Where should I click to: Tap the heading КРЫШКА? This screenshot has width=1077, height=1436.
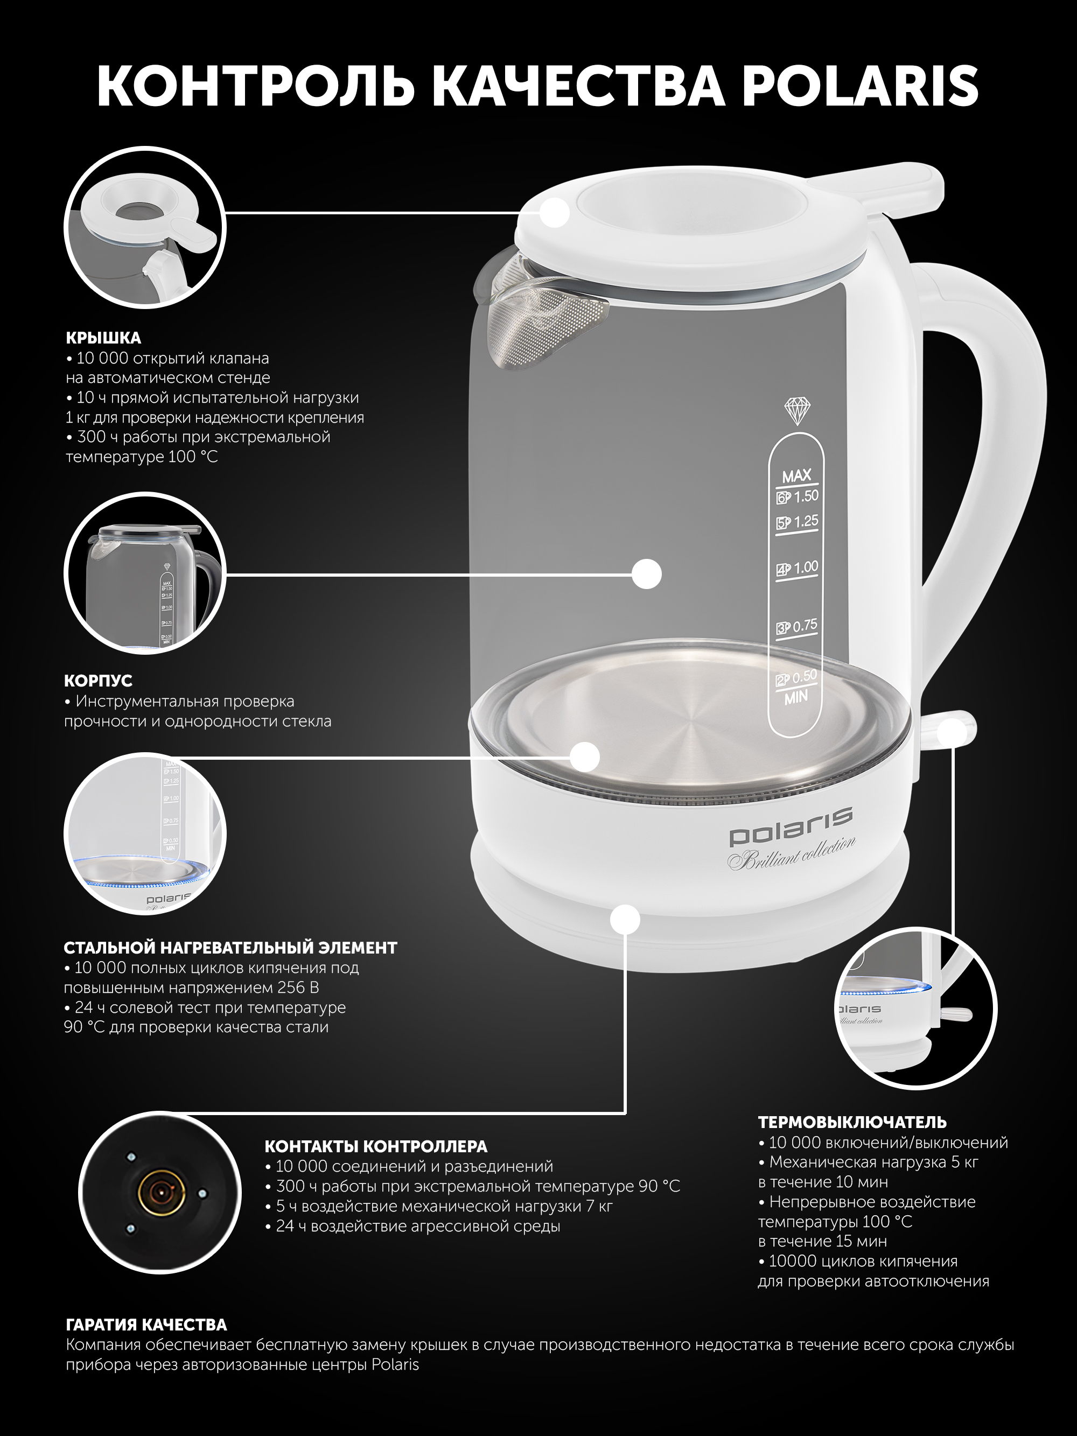[103, 338]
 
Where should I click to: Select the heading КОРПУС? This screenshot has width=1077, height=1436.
[98, 681]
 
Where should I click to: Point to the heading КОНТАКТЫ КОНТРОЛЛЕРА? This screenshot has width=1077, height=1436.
[376, 1146]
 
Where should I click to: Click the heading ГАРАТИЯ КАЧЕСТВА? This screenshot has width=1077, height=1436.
[146, 1325]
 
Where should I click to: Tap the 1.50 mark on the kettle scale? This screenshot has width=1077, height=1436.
[806, 496]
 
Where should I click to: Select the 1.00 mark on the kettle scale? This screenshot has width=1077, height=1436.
[806, 567]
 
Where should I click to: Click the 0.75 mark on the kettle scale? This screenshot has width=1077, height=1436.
[805, 625]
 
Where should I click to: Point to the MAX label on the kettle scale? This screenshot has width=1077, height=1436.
[796, 476]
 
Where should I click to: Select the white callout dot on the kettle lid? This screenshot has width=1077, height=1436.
[555, 212]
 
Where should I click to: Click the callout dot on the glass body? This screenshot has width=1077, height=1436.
[647, 574]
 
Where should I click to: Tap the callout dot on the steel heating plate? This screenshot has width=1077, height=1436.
[585, 757]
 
